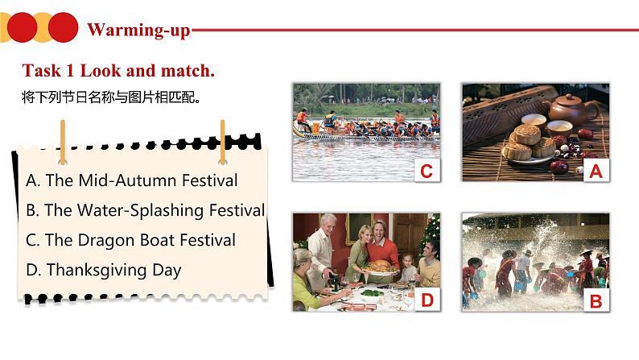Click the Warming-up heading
click(138, 31)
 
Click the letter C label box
click(427, 171)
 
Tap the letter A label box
click(596, 171)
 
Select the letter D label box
click(427, 301)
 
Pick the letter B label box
click(596, 301)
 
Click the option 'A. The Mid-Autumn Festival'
click(132, 180)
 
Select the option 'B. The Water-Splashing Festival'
click(145, 210)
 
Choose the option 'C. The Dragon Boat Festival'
click(130, 240)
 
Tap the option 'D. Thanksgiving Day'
click(103, 271)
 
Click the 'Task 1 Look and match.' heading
click(119, 71)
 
